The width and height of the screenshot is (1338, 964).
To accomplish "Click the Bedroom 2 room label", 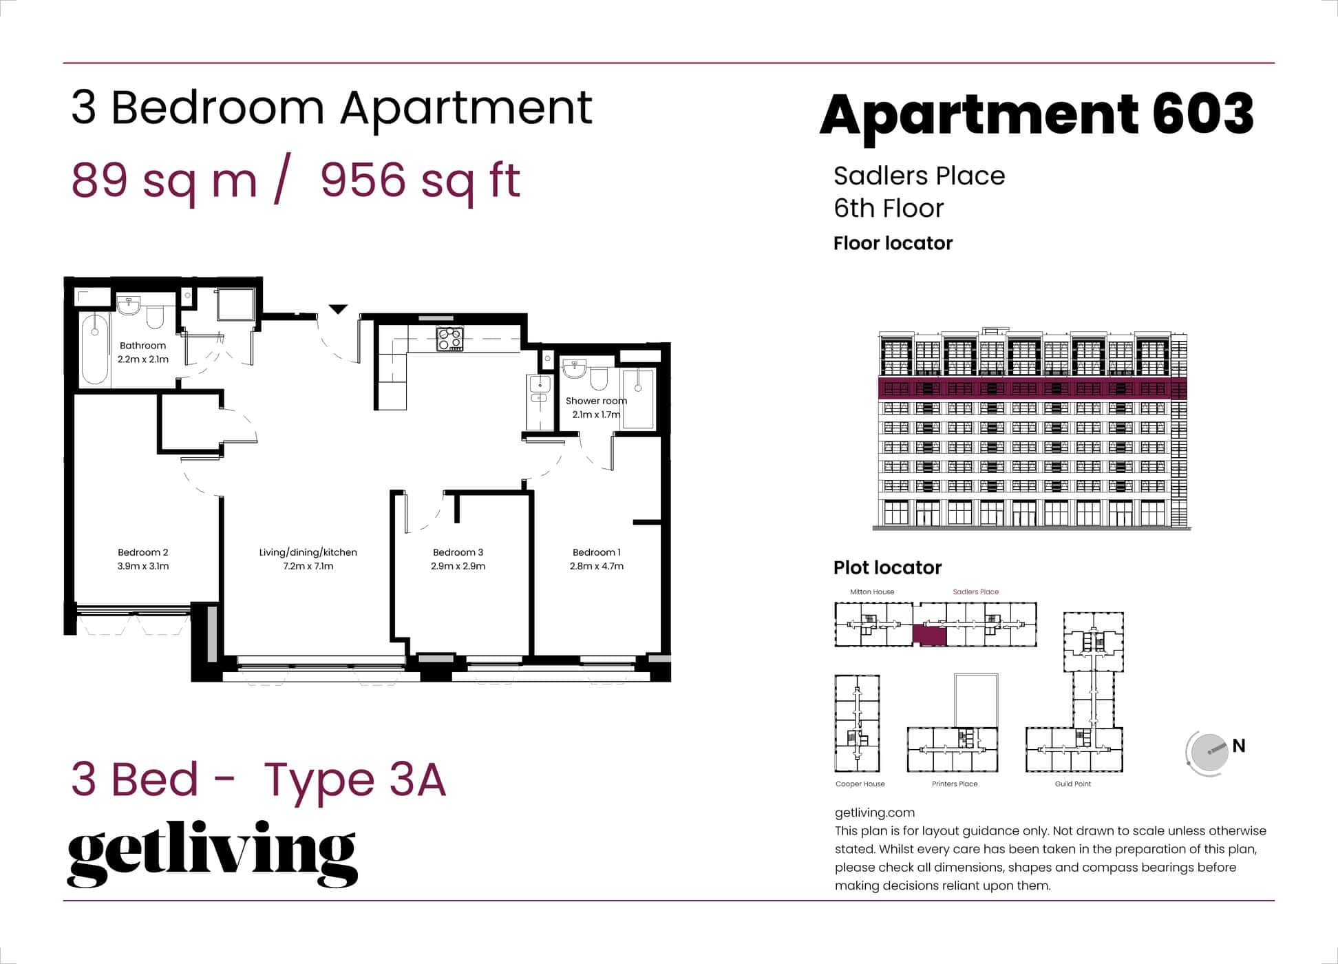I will click(x=142, y=552).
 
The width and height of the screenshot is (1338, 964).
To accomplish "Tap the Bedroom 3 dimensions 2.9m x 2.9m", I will click(x=458, y=566).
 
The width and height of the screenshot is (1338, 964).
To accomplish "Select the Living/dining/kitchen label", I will click(x=308, y=552).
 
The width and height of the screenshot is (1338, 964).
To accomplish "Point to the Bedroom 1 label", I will click(x=596, y=552).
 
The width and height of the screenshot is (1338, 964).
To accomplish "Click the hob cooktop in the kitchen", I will click(x=450, y=339).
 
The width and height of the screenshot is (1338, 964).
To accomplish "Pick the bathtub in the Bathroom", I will click(x=94, y=349).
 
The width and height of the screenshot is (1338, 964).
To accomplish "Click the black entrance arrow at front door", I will click(x=337, y=309).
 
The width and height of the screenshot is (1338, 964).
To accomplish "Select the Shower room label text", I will click(x=596, y=401).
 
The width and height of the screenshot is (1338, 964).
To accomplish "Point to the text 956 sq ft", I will click(x=420, y=180).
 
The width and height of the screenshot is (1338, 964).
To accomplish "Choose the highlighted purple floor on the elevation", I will click(x=1032, y=388).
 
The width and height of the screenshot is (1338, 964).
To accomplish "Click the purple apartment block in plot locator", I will click(x=929, y=636).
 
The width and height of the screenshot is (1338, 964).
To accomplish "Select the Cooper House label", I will click(x=860, y=784).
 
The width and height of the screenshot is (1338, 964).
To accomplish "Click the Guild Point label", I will click(x=1072, y=784).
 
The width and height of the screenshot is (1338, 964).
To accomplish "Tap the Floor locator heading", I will click(x=893, y=243).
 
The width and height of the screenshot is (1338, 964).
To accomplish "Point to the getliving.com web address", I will click(x=874, y=813).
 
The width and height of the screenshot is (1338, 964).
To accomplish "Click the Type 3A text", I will click(x=355, y=779).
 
